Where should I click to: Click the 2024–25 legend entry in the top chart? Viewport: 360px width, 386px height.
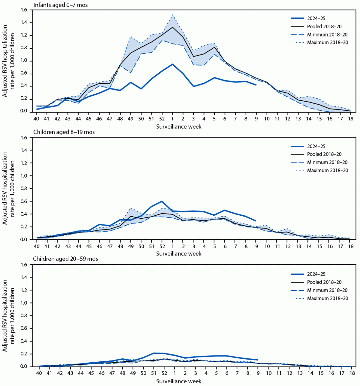pyautogui.click(x=316, y=19)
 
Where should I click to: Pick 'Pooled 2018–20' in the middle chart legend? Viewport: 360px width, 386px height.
pyautogui.click(x=324, y=154)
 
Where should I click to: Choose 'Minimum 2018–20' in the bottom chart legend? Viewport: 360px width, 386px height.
pyautogui.click(x=327, y=290)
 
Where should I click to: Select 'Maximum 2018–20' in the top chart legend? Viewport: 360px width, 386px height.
pyautogui.click(x=327, y=43)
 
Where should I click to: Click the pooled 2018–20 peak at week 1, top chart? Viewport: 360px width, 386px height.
pyautogui.click(x=173, y=27)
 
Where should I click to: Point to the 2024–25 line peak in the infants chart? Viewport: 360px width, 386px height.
pyautogui.click(x=173, y=64)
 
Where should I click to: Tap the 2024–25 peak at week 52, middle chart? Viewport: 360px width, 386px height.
pyautogui.click(x=162, y=201)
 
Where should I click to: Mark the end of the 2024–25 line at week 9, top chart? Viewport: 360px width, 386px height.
pyautogui.click(x=256, y=85)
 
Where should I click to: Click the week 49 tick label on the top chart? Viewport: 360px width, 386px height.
pyautogui.click(x=131, y=119)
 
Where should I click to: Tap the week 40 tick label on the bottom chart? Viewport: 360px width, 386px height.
pyautogui.click(x=39, y=373)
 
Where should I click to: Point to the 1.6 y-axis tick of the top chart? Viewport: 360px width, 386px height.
pyautogui.click(x=24, y=10)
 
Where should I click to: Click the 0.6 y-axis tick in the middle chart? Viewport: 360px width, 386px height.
pyautogui.click(x=24, y=201)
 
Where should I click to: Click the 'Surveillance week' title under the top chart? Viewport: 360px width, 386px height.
pyautogui.click(x=179, y=126)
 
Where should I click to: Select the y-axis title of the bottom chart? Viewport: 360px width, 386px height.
pyautogui.click(x=9, y=316)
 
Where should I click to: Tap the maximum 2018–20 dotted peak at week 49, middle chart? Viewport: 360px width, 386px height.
pyautogui.click(x=131, y=208)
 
